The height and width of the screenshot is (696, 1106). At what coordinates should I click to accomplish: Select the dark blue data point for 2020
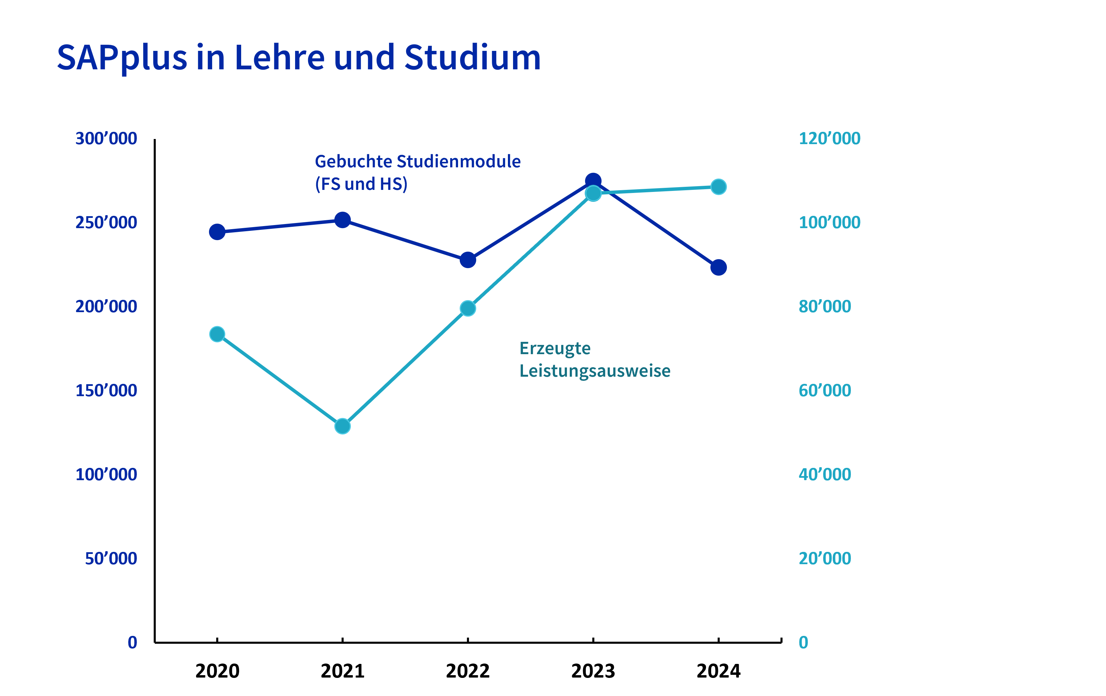pos(217,232)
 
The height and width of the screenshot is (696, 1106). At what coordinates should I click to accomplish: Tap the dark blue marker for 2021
pos(342,220)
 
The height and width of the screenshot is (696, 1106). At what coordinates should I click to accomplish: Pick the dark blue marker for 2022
pos(468,260)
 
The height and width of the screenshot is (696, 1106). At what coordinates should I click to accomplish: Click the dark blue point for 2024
pos(718,267)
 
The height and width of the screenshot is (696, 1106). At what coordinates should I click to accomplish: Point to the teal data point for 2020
pos(217,334)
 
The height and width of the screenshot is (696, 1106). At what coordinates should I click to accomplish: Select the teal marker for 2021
pos(342,426)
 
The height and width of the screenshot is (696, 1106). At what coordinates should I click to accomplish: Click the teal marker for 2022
pos(468,308)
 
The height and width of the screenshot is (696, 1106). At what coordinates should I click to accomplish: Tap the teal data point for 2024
pos(718,187)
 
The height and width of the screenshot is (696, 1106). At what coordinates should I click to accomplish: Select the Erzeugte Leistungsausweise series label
pos(594,360)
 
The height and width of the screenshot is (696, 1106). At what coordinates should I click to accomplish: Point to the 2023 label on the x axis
pos(593,671)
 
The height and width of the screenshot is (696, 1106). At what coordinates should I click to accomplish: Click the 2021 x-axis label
pos(342,671)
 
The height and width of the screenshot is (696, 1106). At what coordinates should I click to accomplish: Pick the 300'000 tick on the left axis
pos(106,139)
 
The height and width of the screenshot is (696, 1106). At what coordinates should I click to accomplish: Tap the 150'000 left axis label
pos(106,391)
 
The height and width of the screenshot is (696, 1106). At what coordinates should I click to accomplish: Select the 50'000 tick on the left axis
pos(111,559)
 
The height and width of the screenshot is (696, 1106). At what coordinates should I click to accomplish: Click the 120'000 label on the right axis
pos(829,139)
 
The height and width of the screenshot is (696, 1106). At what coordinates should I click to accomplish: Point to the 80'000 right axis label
pos(825,307)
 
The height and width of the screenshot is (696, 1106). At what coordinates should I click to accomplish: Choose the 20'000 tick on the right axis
pos(825,559)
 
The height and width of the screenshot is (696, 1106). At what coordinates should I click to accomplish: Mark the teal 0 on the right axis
pos(803,643)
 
